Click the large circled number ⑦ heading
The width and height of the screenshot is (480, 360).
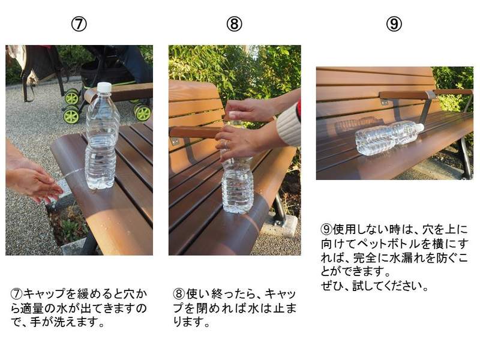(x=79, y=24)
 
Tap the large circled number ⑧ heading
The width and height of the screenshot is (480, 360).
(x=234, y=24)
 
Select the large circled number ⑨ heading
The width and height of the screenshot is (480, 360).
(x=394, y=24)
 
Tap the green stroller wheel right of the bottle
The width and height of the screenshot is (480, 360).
(x=143, y=112)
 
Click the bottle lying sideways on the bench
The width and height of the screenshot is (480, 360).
(x=389, y=137)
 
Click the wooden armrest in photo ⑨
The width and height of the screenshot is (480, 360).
(x=425, y=95)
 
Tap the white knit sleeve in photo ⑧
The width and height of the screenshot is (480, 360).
(x=289, y=125)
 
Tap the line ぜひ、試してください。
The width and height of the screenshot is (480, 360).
(x=374, y=286)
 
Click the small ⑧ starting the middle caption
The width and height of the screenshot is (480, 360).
(x=179, y=294)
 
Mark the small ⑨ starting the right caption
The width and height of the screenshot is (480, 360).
(x=326, y=229)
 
